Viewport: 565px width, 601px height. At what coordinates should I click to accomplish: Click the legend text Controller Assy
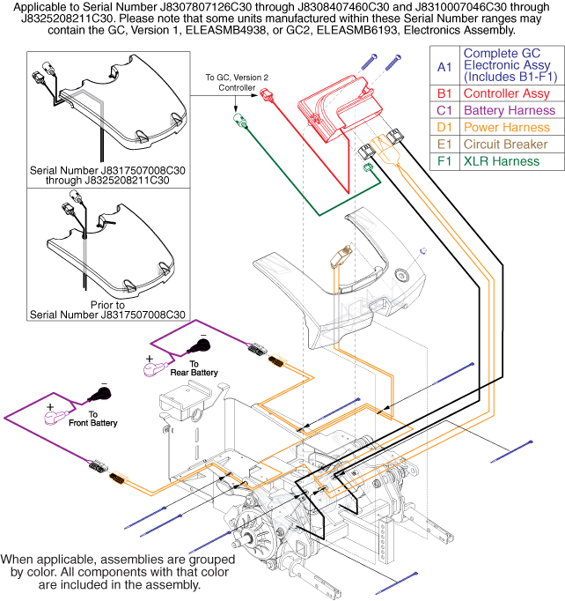506,93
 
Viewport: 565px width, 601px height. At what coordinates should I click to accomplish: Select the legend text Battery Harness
510,110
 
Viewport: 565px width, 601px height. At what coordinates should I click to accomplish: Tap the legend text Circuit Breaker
508,145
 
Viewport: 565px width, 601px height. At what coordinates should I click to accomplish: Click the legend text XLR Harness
503,162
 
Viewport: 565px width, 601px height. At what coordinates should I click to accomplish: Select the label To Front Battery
103,419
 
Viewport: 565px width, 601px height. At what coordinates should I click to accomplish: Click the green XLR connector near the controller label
238,117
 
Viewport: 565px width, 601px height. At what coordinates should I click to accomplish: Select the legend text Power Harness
507,128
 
